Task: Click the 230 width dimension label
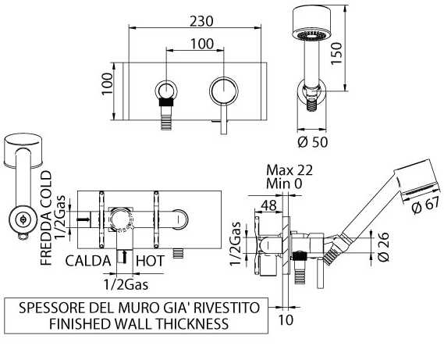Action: [201, 21]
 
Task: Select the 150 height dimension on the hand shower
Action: [336, 54]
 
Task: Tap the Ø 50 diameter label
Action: [313, 141]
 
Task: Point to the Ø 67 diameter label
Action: [424, 205]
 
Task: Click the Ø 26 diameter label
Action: [383, 247]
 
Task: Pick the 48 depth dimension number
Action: [268, 205]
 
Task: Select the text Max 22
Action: [289, 170]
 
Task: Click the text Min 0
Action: [284, 184]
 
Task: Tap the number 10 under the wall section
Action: [286, 320]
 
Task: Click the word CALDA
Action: [88, 261]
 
